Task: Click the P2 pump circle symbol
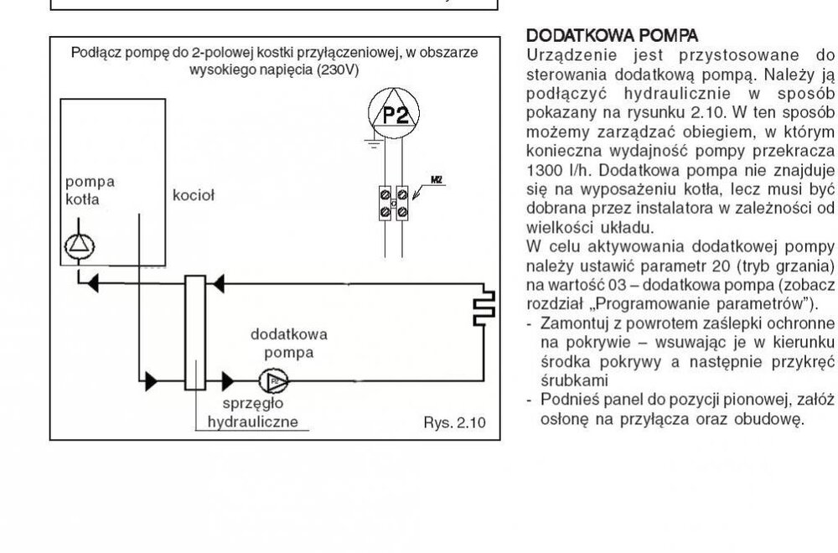393,116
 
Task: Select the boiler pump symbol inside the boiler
81,245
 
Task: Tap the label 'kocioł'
194,195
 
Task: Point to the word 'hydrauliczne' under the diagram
252,421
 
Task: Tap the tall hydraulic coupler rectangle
196,333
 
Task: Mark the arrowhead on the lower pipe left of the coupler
150,382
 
